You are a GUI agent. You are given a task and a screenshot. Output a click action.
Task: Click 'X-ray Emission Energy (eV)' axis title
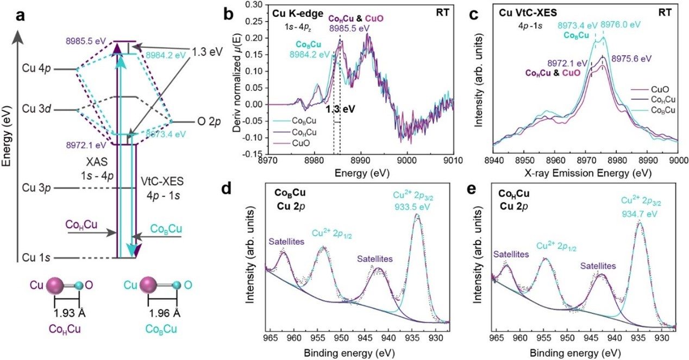click(x=585, y=172)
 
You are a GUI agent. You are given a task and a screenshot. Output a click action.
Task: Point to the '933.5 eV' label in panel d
click(x=416, y=206)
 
